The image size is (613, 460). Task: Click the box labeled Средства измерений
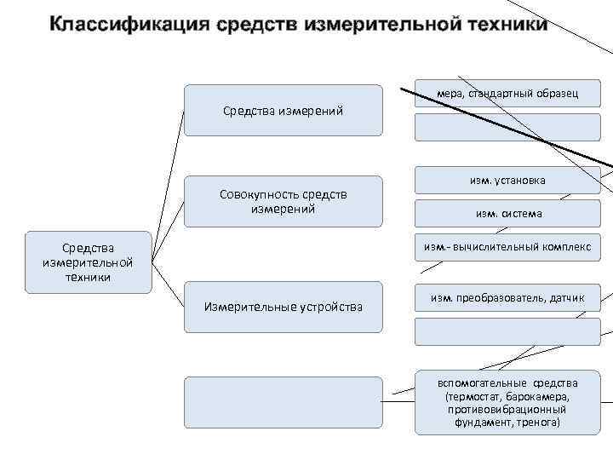point(284,110)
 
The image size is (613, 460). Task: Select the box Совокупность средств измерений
point(284,201)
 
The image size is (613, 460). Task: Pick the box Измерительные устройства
point(284,307)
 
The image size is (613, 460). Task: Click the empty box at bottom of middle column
point(284,402)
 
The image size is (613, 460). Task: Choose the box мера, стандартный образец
point(507,93)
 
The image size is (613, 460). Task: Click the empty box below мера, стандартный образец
point(507,126)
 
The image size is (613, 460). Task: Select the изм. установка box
point(507,181)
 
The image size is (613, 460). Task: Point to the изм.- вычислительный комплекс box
point(507,247)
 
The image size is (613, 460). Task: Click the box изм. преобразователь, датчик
point(507,297)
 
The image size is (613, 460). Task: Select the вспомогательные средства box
point(507,402)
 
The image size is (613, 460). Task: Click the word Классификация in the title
point(127,23)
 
